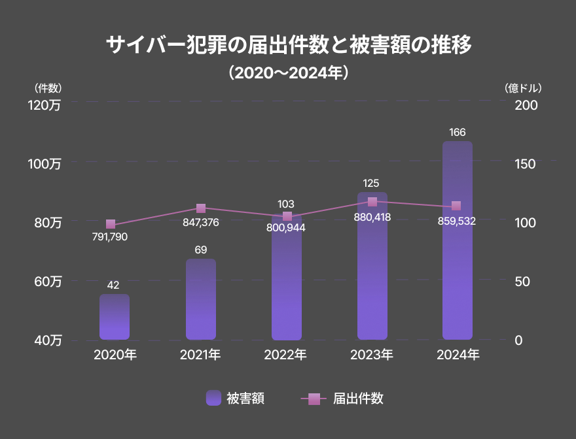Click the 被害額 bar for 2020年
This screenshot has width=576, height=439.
[x=115, y=317]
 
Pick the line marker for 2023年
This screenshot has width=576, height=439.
[x=372, y=202]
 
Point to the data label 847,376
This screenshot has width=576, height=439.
[x=201, y=222]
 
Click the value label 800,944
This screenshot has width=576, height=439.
[x=286, y=228]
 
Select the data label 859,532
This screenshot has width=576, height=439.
[x=457, y=221]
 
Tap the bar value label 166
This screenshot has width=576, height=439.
[x=458, y=133]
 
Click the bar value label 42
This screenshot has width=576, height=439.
[x=113, y=285]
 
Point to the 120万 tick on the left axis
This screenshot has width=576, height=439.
[x=45, y=105]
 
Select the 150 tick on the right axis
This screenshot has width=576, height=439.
[x=525, y=163]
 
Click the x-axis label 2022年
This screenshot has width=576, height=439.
[x=285, y=355]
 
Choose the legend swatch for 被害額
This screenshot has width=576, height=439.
[x=213, y=398]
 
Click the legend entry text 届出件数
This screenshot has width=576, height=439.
[x=358, y=398]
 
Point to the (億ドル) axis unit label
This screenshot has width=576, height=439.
[x=523, y=88]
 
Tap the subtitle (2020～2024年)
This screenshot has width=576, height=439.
[x=288, y=72]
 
